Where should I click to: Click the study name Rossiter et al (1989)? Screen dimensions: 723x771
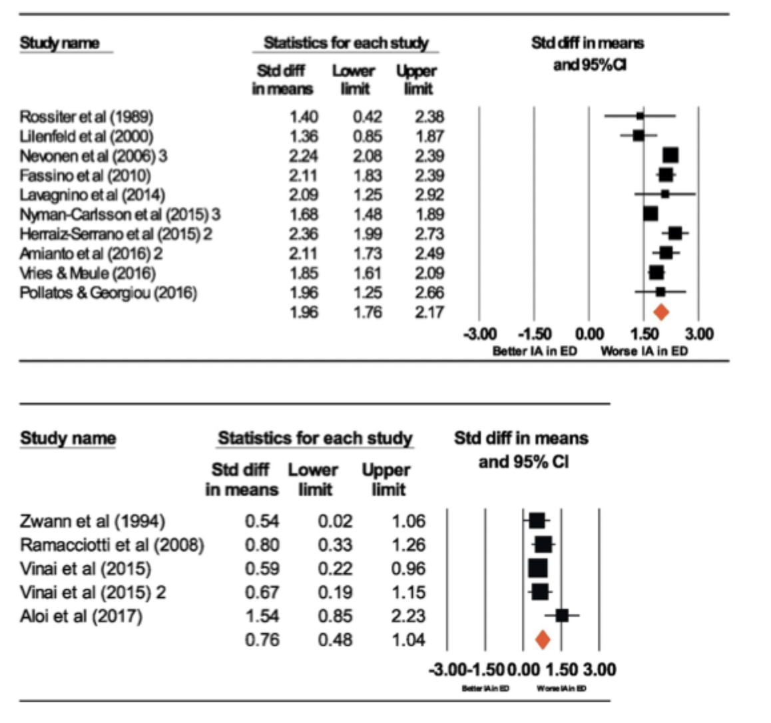(x=87, y=117)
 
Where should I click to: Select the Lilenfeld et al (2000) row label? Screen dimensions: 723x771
(x=87, y=136)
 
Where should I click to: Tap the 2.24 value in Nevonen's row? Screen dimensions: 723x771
(x=304, y=156)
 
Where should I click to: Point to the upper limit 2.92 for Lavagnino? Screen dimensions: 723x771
(x=429, y=195)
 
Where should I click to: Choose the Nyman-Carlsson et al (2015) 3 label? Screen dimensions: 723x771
(x=120, y=214)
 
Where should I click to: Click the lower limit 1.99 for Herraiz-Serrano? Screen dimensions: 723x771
(x=368, y=234)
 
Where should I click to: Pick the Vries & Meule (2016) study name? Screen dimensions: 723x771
(x=88, y=274)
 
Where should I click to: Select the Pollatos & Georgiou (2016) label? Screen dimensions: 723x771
(x=109, y=293)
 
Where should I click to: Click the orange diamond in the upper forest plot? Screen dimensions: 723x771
(x=661, y=312)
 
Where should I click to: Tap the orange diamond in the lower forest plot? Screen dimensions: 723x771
(x=543, y=640)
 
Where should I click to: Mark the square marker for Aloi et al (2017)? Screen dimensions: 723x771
(x=562, y=615)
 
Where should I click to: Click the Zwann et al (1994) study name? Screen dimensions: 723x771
(x=93, y=521)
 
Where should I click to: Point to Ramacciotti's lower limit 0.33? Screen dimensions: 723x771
(x=335, y=545)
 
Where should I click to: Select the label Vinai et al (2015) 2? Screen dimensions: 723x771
(x=93, y=592)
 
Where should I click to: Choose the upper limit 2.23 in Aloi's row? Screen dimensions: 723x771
(x=408, y=616)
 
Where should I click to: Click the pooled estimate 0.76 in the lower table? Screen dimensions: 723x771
(x=262, y=640)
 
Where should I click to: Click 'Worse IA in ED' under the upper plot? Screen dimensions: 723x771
(x=644, y=351)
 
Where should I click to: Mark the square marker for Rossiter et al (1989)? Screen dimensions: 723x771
(x=641, y=116)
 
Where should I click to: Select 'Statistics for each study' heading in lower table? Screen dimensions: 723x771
(x=315, y=438)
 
